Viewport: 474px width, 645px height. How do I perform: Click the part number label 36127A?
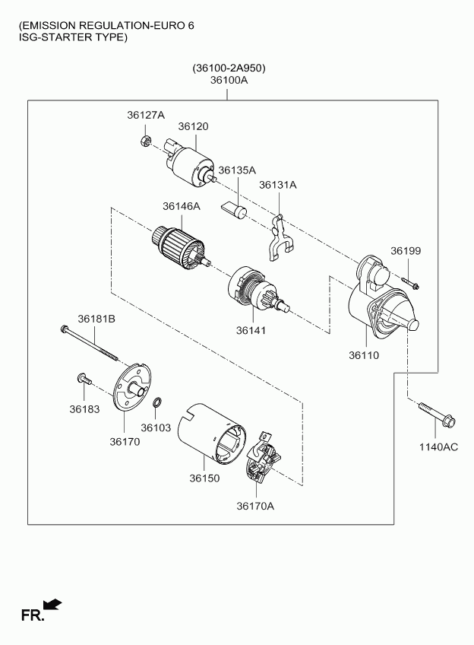(146, 115)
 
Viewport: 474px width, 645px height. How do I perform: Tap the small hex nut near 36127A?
(144, 141)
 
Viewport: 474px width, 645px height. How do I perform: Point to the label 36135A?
(237, 170)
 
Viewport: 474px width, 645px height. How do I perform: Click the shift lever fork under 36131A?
(280, 238)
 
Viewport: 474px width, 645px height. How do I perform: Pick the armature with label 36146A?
(181, 249)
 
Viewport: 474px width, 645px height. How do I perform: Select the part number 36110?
(364, 355)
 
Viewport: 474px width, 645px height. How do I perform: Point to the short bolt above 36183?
(84, 379)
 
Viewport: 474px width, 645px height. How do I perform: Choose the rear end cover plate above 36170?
(132, 386)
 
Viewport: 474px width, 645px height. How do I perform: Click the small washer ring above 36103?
(157, 402)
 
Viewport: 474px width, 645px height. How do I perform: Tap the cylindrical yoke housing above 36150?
(211, 434)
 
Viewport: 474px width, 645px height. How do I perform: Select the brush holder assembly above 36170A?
(264, 458)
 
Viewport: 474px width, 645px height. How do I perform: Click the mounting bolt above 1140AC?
(438, 415)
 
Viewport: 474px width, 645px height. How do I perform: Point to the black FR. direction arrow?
(52, 604)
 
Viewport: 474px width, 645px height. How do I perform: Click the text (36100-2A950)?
(229, 68)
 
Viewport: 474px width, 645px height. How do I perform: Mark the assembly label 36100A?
(229, 80)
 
